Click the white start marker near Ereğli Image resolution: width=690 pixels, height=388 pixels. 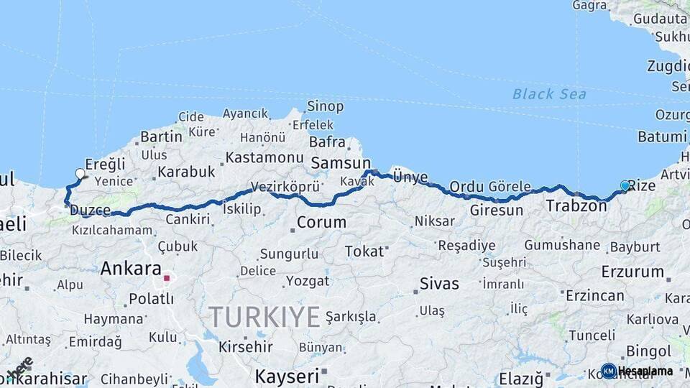tap(80, 173)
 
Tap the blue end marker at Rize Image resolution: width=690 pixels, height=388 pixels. tap(625, 186)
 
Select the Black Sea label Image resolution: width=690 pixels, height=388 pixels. tap(549, 94)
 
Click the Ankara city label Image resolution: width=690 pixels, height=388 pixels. tap(131, 269)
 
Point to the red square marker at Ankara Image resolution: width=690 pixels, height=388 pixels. tap(167, 278)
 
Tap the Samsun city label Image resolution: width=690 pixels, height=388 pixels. tap(340, 163)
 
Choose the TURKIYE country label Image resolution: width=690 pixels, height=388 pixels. tap(264, 316)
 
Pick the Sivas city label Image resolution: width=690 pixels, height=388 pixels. tap(439, 283)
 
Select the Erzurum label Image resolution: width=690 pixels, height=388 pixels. tap(632, 272)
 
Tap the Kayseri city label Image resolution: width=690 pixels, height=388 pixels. tap(287, 376)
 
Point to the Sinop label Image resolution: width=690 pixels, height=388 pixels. tap(325, 106)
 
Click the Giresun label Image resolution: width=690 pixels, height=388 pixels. tap(496, 211)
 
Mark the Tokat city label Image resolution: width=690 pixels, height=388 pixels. tap(364, 251)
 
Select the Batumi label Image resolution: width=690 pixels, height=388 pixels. tap(661, 137)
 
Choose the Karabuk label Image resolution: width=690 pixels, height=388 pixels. tap(186, 172)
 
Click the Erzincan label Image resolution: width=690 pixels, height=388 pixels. tap(594, 295)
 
